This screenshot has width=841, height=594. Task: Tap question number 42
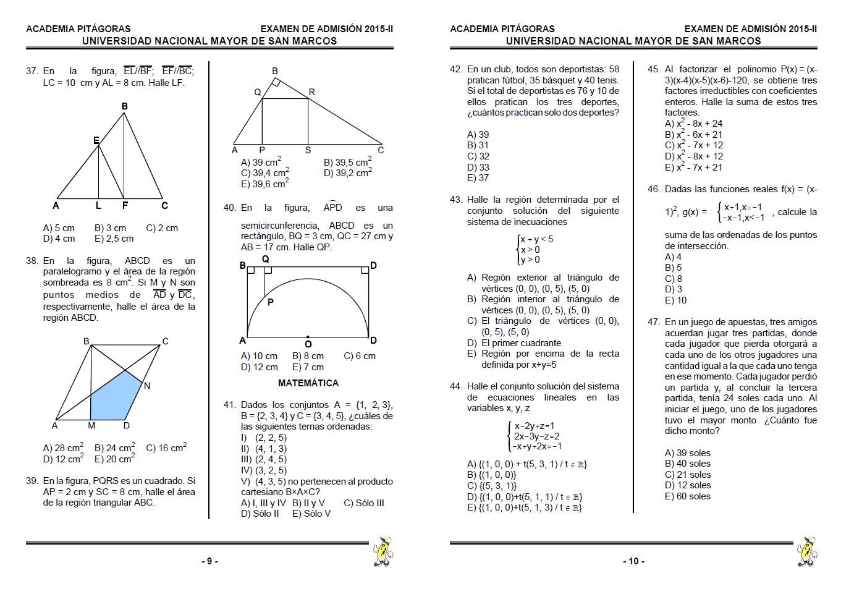(x=456, y=69)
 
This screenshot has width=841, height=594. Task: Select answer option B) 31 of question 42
(x=478, y=145)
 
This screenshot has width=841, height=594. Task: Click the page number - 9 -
(x=209, y=561)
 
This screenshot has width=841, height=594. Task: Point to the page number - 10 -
(x=633, y=561)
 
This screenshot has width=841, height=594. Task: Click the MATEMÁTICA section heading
(x=308, y=383)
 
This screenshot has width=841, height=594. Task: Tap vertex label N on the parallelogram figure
(x=147, y=386)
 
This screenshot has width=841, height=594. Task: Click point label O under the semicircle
(x=308, y=344)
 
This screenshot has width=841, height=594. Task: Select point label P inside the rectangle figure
(x=270, y=302)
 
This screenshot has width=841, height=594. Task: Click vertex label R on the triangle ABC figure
(x=312, y=92)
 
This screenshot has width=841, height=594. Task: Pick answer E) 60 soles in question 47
(x=687, y=496)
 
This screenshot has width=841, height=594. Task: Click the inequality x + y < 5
(x=536, y=239)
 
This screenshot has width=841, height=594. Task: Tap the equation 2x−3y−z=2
(x=536, y=436)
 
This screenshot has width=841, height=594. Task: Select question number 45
(x=654, y=69)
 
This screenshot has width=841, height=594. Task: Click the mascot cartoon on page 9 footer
(x=382, y=551)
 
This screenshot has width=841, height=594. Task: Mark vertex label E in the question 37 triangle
(x=96, y=140)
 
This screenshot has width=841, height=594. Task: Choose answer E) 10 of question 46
(x=675, y=300)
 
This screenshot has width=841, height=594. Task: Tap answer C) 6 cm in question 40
(x=360, y=356)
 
